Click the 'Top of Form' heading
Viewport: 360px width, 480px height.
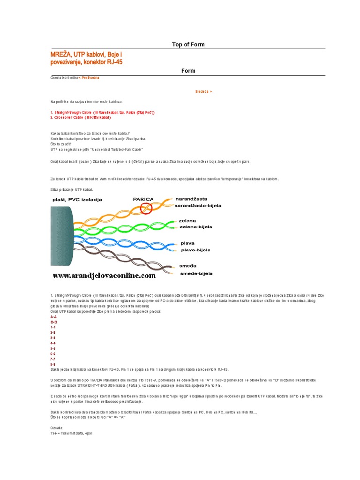[x=188, y=45]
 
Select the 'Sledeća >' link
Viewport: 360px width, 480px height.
[x=203, y=92]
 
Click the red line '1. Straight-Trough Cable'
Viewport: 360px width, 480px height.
[x=102, y=113]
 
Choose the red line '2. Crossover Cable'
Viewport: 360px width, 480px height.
[x=84, y=118]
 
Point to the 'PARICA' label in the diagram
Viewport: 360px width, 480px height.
[x=143, y=199]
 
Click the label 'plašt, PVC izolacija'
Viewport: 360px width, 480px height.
[x=77, y=199]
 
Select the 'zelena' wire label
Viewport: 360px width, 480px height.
[x=187, y=220]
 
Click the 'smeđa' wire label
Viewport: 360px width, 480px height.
[x=187, y=265]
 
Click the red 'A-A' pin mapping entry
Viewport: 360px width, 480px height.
[x=53, y=317]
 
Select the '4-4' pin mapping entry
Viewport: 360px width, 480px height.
[x=53, y=343]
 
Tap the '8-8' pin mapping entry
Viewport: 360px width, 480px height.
[x=53, y=364]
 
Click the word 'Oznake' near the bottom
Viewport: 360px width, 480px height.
[x=56, y=428]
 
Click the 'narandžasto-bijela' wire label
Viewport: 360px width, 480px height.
[x=198, y=205]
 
